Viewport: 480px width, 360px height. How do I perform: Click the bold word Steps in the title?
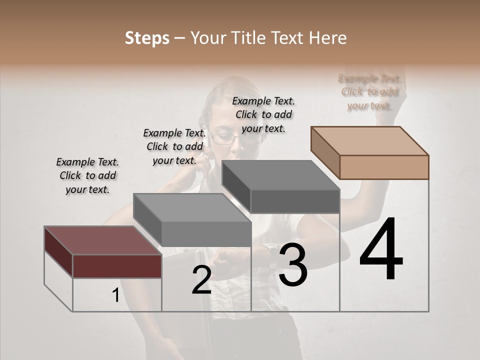point(147,38)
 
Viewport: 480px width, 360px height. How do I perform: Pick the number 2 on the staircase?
point(201,280)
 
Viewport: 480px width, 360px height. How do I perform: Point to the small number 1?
point(115,295)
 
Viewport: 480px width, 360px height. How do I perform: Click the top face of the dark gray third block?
point(280,175)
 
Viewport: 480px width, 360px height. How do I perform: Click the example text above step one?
point(87,175)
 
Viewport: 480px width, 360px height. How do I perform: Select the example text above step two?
point(174,146)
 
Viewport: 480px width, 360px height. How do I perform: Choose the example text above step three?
point(263,114)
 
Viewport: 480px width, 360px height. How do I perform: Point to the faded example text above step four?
point(369,92)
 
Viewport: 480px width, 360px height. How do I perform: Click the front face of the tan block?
point(384,167)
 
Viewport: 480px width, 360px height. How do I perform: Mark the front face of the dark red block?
point(117,266)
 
